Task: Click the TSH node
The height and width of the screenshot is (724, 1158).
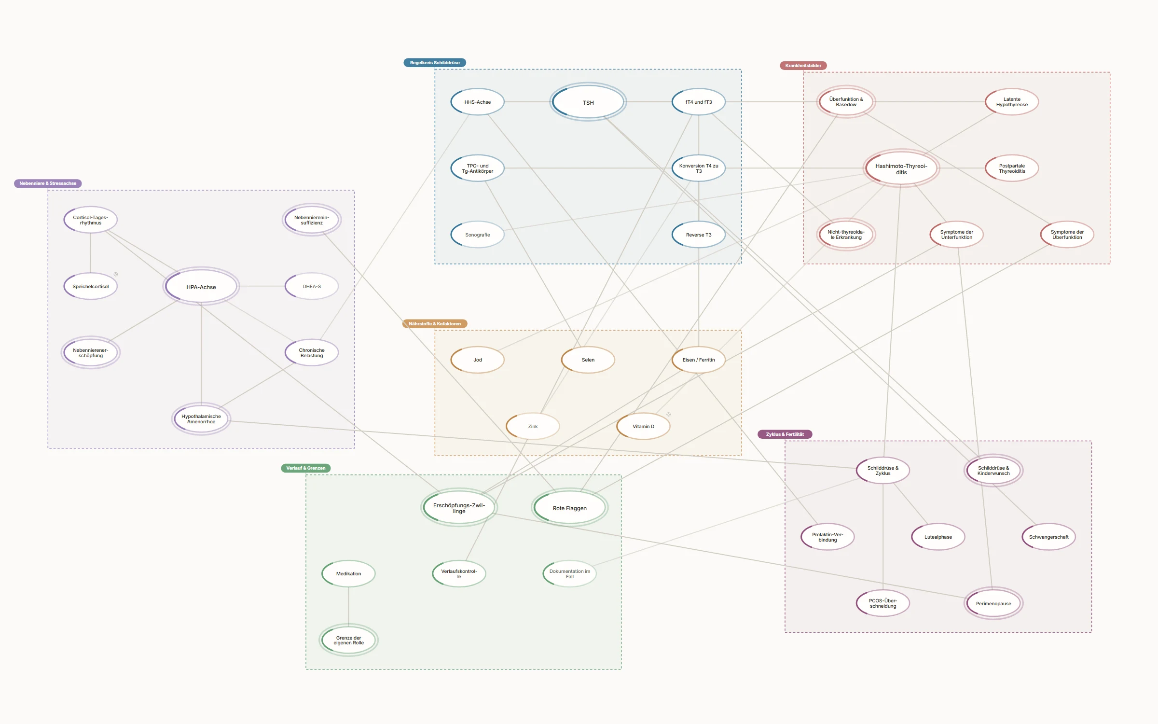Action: click(x=588, y=102)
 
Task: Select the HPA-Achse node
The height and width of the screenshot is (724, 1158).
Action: click(x=201, y=286)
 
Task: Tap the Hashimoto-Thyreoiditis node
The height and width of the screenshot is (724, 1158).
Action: click(x=901, y=168)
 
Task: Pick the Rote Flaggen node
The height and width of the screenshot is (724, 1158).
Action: click(x=570, y=508)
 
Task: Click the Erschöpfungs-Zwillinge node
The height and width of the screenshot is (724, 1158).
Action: click(x=459, y=508)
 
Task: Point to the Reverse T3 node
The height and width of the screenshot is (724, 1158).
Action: click(x=699, y=235)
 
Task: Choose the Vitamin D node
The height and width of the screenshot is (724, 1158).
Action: click(x=644, y=426)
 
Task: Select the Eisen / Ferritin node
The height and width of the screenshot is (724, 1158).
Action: click(x=699, y=360)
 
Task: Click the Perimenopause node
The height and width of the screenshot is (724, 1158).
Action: click(x=993, y=603)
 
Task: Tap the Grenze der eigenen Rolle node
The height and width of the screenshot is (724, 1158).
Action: click(x=348, y=640)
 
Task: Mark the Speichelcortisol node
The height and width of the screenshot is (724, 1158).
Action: click(x=91, y=286)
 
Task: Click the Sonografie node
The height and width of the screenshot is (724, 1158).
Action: click(x=478, y=235)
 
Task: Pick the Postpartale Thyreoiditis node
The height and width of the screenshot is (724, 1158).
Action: click(x=1012, y=168)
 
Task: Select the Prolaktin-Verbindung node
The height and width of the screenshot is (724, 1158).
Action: click(x=827, y=537)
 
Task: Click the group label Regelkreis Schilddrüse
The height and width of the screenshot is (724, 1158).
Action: click(x=435, y=63)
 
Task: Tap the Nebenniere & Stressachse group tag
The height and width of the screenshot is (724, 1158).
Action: click(x=48, y=183)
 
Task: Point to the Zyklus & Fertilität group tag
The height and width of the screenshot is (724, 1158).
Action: click(x=785, y=434)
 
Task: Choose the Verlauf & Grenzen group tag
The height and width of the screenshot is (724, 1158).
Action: click(x=306, y=468)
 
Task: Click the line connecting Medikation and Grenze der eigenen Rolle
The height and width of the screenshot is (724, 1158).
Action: click(x=348, y=606)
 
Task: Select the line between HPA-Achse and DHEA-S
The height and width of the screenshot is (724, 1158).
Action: click(x=262, y=286)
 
